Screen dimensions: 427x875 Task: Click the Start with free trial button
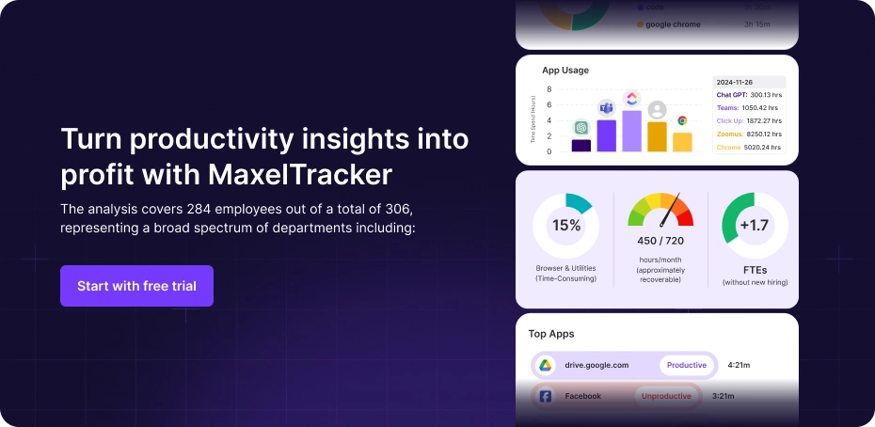click(x=136, y=286)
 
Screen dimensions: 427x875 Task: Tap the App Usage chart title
click(x=565, y=70)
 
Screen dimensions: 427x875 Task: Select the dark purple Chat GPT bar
click(x=581, y=145)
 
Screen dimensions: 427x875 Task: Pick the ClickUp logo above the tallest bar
click(x=632, y=99)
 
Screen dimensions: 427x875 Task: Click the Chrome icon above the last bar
click(x=682, y=120)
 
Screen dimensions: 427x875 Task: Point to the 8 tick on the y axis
click(x=549, y=89)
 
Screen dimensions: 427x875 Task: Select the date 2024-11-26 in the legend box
click(x=735, y=82)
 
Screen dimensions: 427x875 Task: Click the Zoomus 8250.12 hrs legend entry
click(x=749, y=134)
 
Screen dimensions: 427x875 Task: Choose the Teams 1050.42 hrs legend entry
click(x=749, y=107)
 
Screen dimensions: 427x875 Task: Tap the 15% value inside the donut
click(x=565, y=226)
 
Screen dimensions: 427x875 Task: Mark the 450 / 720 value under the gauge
click(x=660, y=241)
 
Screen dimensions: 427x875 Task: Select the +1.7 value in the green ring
click(x=756, y=226)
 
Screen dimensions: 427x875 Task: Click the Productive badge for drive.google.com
click(x=686, y=365)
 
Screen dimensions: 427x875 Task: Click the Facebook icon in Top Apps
click(x=545, y=396)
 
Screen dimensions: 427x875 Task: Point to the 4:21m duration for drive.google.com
click(x=739, y=365)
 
